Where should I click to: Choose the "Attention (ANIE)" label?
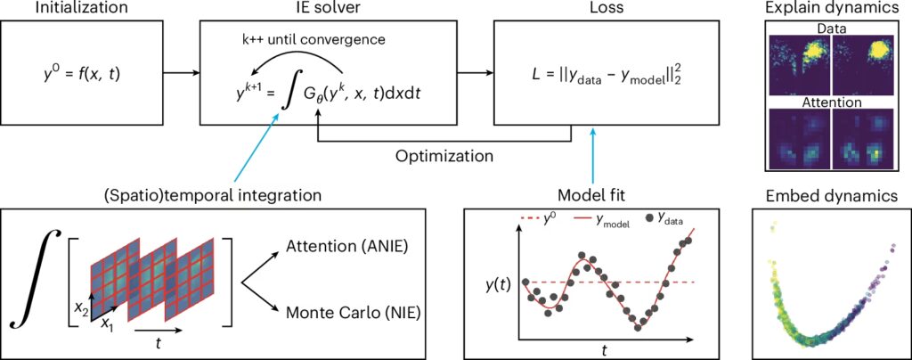(x=343, y=246)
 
